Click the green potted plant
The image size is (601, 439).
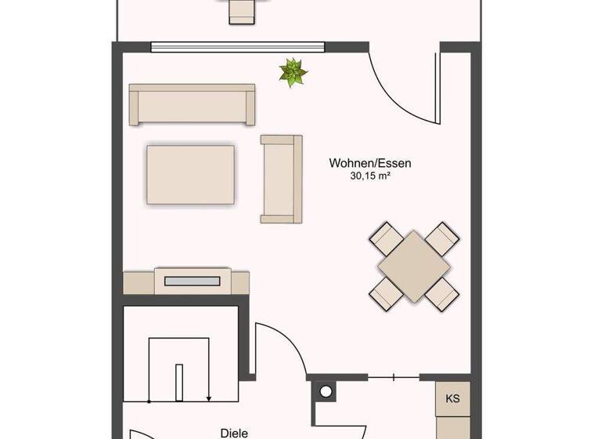[293, 72]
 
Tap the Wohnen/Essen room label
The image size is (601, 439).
[370, 163]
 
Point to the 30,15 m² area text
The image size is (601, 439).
[370, 177]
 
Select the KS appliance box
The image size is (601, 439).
[452, 398]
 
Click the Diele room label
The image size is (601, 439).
[234, 432]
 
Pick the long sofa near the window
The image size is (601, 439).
[192, 104]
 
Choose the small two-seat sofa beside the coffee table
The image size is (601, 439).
[281, 178]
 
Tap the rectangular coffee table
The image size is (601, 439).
[190, 174]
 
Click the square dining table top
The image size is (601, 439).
[413, 266]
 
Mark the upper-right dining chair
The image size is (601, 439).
[441, 237]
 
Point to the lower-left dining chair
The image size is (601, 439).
[384, 293]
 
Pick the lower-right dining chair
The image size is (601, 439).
[442, 293]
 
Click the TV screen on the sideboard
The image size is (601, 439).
[193, 279]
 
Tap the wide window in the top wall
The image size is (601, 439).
[238, 46]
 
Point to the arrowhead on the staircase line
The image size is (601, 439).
[209, 397]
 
